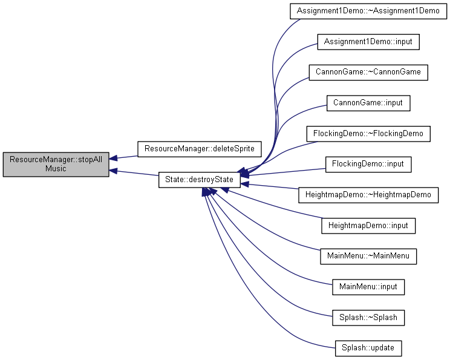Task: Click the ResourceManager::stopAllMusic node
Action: [x=56, y=164]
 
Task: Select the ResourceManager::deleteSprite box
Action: [x=200, y=149]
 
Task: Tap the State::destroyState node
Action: [x=199, y=180]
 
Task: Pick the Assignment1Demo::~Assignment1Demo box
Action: [x=368, y=11]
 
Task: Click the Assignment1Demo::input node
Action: [x=368, y=42]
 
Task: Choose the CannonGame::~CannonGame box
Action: [x=368, y=73]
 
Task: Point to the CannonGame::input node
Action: [x=368, y=103]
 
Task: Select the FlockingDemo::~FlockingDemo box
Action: [x=368, y=134]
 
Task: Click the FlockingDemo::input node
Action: [x=368, y=164]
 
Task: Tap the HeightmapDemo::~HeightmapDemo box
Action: [x=368, y=195]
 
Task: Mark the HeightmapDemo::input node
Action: [x=368, y=226]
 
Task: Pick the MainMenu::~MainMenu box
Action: [x=368, y=256]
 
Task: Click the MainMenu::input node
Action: [x=368, y=287]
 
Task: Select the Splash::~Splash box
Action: [x=368, y=318]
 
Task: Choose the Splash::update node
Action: [x=368, y=349]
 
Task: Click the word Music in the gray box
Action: [x=56, y=169]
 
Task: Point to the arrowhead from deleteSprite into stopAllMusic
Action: [x=113, y=158]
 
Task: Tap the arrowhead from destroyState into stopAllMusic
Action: [x=113, y=171]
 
